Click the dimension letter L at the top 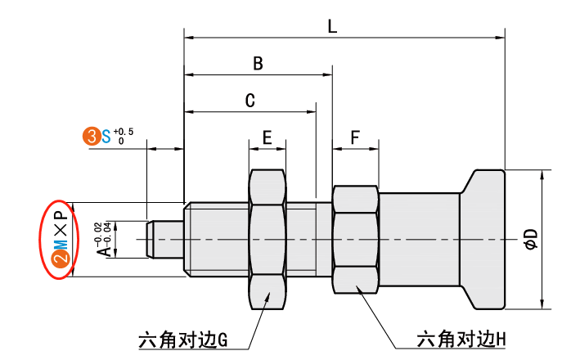point(331,26)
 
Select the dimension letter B point(257,63)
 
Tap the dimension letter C point(250,101)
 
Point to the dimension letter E point(268,137)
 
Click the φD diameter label point(531,239)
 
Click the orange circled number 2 point(60,260)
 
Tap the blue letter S point(106,136)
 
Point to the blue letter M point(60,242)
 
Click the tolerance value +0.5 point(124,131)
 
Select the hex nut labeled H point(356,239)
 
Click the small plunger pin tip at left point(153,239)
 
